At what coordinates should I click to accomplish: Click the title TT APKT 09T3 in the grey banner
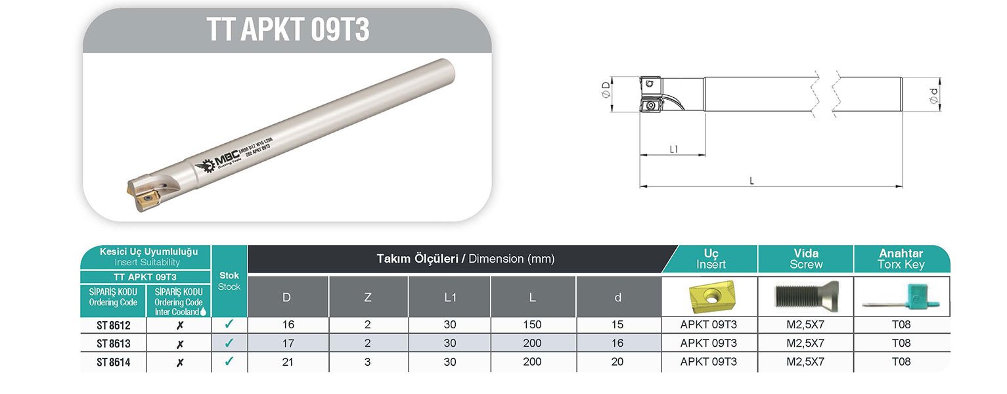[287, 30]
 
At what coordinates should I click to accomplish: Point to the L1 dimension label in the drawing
[673, 149]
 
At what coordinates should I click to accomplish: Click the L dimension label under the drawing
[751, 181]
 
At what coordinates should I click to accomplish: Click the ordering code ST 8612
[113, 325]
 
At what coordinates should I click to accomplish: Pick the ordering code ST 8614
[113, 362]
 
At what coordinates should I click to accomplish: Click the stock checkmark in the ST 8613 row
[229, 343]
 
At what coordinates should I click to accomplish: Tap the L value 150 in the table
[532, 324]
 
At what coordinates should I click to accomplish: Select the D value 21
[287, 362]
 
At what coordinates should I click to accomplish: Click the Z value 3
[368, 362]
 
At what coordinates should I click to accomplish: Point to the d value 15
[617, 324]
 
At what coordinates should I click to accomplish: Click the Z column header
[368, 297]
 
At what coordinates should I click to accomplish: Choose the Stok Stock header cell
[229, 281]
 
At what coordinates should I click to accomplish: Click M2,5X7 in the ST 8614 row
[805, 362]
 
